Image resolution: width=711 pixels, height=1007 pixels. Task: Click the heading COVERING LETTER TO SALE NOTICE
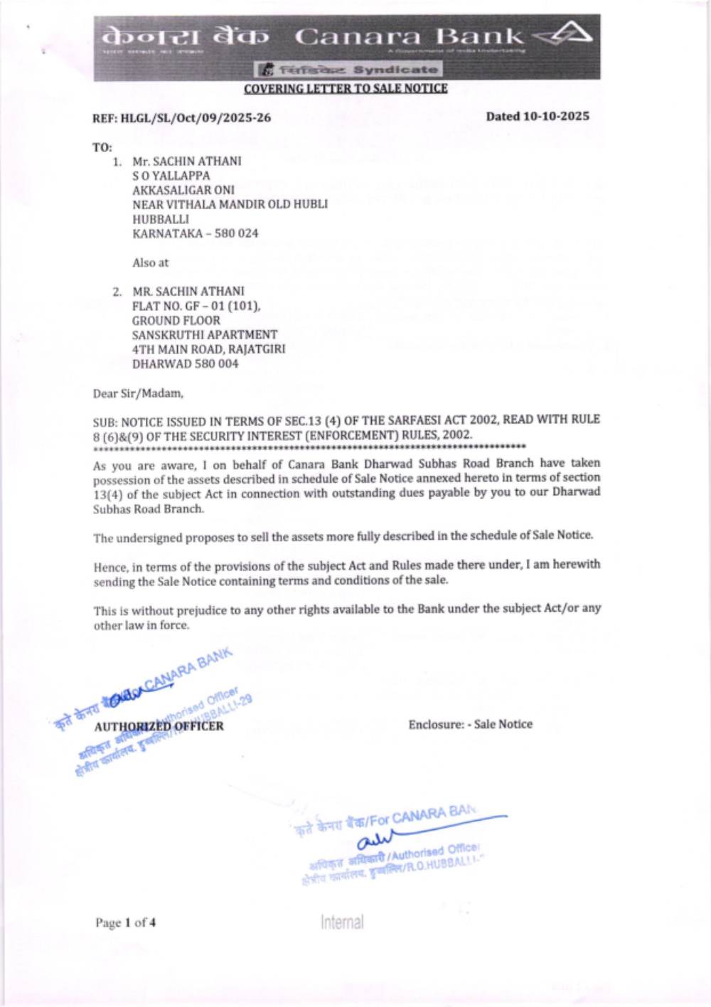coord(346,89)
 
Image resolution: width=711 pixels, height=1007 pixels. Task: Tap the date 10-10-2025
coord(556,116)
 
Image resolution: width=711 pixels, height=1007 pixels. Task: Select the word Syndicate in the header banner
coord(395,70)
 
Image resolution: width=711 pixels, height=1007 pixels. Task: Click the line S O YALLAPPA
coord(171,176)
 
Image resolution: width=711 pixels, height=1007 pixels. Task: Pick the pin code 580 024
coord(237,233)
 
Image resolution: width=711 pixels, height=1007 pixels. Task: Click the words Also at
coord(150,262)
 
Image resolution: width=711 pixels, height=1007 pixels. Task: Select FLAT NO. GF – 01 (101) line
coord(196,306)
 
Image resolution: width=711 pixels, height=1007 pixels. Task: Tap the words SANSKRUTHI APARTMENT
coord(205,334)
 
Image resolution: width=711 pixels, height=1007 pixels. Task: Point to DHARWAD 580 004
coord(185,363)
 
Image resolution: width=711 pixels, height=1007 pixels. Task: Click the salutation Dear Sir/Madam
coord(138,393)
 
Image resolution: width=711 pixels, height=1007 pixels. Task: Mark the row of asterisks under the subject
coord(309,447)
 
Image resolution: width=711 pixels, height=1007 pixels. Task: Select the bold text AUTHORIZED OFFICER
coord(159,726)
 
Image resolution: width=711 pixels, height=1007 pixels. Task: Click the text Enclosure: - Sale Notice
coord(470,724)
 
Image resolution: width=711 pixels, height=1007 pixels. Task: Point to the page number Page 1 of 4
coord(125,922)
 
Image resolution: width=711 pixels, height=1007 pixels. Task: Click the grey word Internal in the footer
coord(342,922)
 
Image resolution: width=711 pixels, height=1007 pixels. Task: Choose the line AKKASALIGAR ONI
coord(183,190)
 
